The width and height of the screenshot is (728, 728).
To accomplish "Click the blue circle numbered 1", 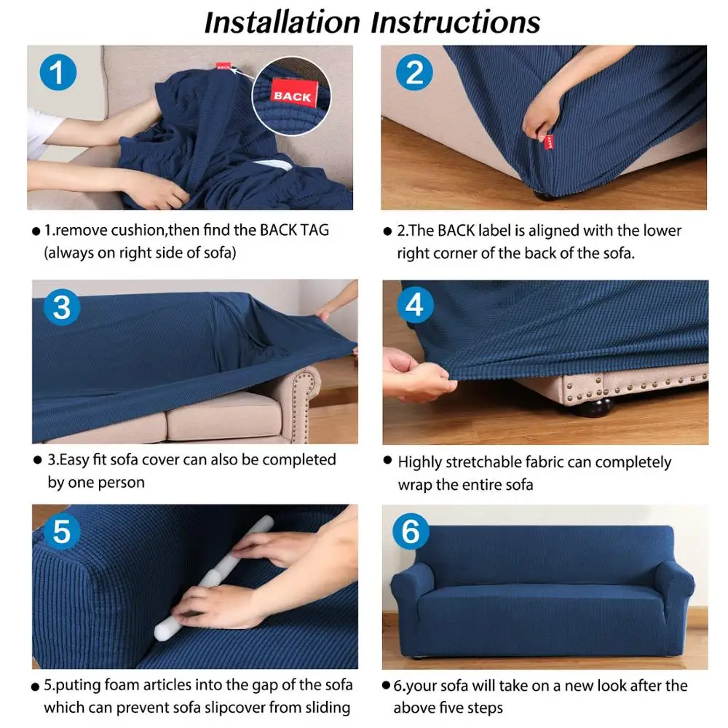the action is pyautogui.click(x=58, y=72).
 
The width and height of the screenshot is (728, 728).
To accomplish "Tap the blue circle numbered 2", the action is pyautogui.click(x=414, y=72).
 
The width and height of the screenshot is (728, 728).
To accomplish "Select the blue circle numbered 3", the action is pyautogui.click(x=62, y=307).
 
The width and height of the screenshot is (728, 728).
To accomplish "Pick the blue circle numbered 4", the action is pyautogui.click(x=415, y=305).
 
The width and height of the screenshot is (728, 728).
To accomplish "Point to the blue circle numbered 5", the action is pyautogui.click(x=62, y=531).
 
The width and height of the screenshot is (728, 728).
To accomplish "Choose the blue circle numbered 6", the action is pyautogui.click(x=411, y=531).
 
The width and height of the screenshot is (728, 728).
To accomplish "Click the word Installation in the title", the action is pyautogui.click(x=282, y=23).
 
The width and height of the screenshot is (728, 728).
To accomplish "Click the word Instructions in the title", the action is pyautogui.click(x=456, y=23).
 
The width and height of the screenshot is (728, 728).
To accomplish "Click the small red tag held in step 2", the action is pyautogui.click(x=549, y=142).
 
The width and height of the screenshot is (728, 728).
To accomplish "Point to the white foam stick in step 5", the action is pyautogui.click(x=214, y=577).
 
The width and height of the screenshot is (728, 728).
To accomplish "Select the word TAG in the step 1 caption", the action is pyautogui.click(x=314, y=230).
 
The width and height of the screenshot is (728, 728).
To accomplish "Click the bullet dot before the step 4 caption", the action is pyautogui.click(x=388, y=460).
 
